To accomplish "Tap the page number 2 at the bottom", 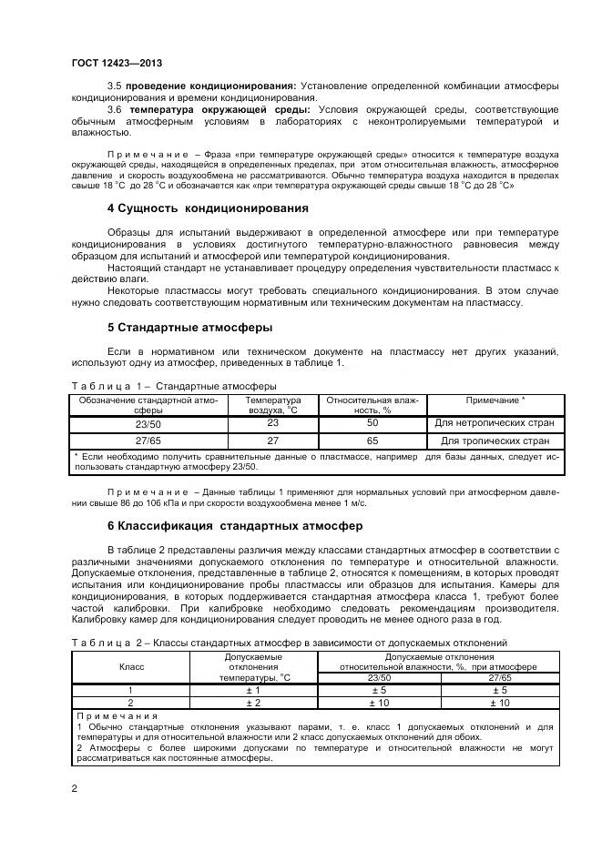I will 74,789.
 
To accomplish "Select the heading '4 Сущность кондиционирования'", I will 195,208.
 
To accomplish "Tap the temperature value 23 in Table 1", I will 272,423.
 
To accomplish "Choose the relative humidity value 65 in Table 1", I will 372,440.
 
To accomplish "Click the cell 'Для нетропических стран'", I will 495,423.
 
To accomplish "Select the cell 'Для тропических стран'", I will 495,440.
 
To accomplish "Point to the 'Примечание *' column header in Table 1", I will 495,400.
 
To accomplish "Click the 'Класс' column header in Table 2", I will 131,666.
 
